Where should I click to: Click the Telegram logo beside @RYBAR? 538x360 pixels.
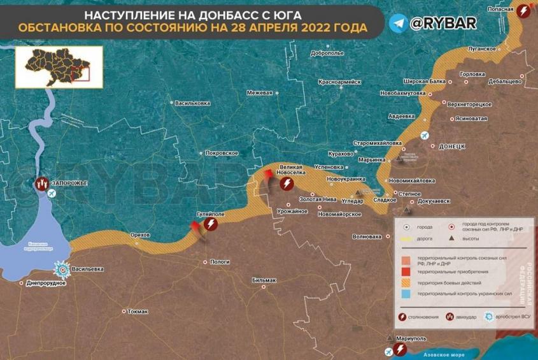click(x=399, y=24)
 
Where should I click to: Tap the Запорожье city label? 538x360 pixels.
click(x=70, y=184)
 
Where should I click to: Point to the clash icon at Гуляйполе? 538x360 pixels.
click(x=211, y=225)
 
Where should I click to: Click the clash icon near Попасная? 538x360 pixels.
click(x=523, y=11)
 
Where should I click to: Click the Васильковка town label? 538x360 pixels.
click(x=192, y=103)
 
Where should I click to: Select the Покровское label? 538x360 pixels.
click(x=222, y=153)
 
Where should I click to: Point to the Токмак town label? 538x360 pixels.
click(x=138, y=312)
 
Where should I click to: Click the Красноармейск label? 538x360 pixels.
click(x=339, y=82)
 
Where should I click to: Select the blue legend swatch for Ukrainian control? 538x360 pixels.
click(x=406, y=294)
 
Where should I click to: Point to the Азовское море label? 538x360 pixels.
click(x=443, y=354)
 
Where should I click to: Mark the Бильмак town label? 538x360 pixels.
click(x=264, y=280)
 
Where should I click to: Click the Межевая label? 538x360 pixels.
click(x=259, y=93)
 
